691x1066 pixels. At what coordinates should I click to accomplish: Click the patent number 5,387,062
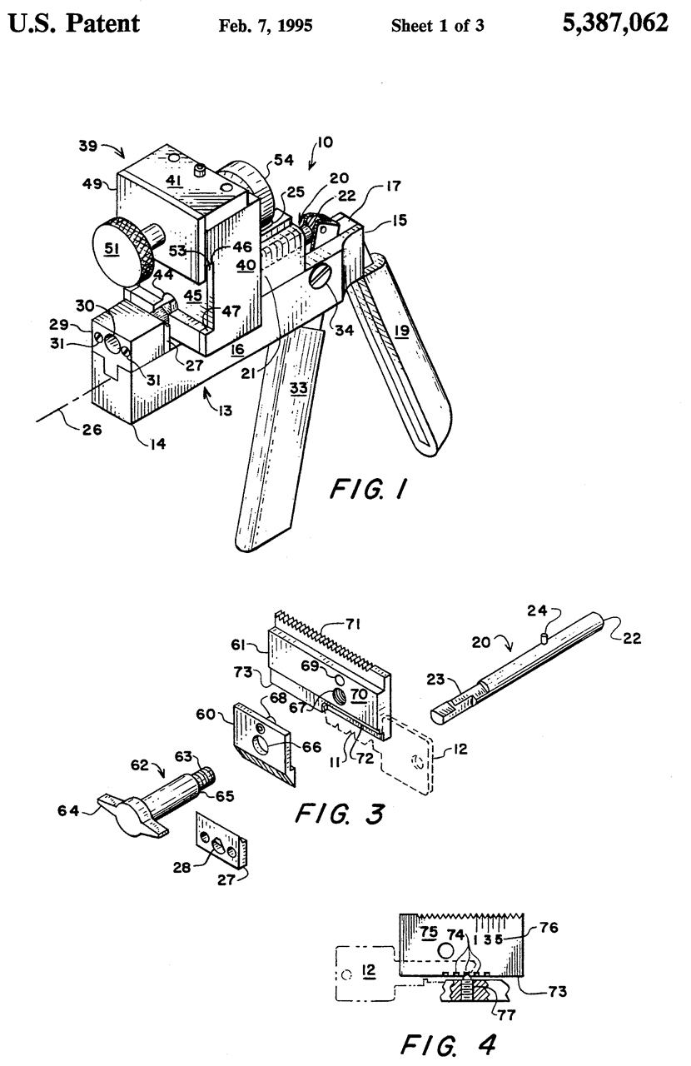click(615, 23)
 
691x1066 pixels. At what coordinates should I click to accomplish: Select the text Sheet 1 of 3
click(438, 25)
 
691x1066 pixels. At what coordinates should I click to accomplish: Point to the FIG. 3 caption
click(341, 813)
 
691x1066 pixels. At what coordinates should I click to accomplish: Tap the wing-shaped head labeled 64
click(125, 809)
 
